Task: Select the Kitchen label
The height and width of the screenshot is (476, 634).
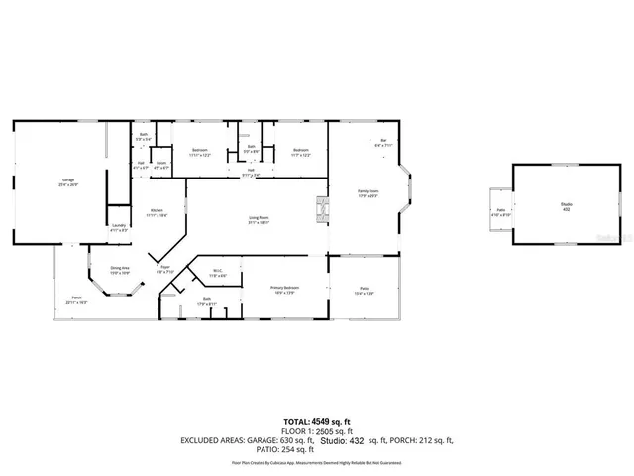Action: click(x=156, y=211)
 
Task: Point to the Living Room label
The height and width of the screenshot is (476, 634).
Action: click(x=260, y=220)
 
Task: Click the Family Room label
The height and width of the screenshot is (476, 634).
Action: click(x=369, y=192)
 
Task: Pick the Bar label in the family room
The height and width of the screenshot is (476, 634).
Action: click(x=383, y=142)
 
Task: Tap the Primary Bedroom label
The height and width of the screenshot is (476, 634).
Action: click(x=285, y=289)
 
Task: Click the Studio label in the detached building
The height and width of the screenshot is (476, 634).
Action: click(x=566, y=205)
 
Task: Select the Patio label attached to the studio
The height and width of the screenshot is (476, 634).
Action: click(x=501, y=211)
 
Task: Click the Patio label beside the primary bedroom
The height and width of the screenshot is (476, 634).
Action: click(x=366, y=292)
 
